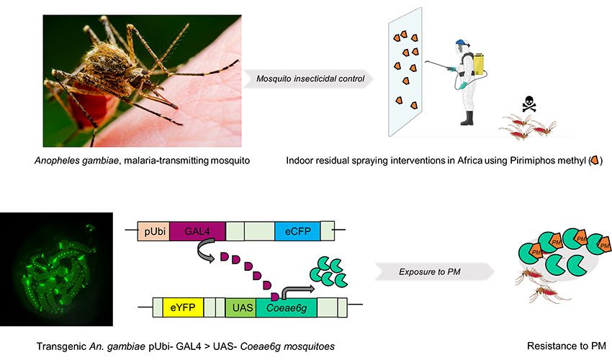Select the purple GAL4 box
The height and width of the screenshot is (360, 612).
[x=197, y=231]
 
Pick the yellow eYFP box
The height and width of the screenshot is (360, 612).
[x=184, y=308]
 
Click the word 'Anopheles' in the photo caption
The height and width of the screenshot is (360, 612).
[x=70, y=159]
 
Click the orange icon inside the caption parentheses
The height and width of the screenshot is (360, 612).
[x=593, y=159]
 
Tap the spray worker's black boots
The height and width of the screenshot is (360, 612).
[x=469, y=117]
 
